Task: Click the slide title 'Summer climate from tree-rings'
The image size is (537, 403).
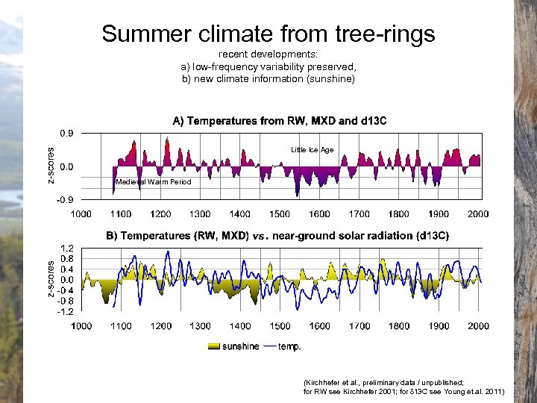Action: tap(268, 34)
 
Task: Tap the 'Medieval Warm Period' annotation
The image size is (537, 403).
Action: tap(154, 182)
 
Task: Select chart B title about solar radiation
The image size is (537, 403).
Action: tap(277, 236)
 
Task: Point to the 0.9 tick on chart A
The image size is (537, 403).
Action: tap(66, 134)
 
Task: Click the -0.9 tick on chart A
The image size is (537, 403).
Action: tap(65, 199)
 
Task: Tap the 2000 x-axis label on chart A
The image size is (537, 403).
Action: tap(478, 214)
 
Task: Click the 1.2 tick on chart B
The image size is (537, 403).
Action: tap(66, 248)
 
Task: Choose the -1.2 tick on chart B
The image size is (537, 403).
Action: tap(65, 311)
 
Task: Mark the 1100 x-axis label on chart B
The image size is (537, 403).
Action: tap(121, 326)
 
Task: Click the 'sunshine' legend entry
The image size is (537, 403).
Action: tap(240, 346)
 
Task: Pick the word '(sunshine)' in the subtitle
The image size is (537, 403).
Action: tap(331, 78)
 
